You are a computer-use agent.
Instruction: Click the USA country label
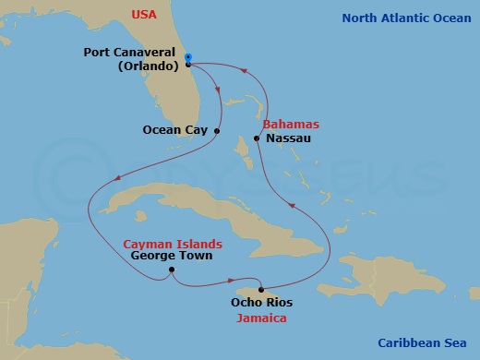click(144, 15)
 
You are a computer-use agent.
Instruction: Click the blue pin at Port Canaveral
click(187, 58)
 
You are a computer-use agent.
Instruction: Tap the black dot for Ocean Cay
click(217, 131)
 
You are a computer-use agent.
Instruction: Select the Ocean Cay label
click(175, 131)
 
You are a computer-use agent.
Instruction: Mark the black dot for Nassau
click(256, 138)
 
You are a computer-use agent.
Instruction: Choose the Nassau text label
click(286, 138)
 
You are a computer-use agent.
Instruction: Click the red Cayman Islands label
click(173, 244)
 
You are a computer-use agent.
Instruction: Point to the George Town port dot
click(172, 270)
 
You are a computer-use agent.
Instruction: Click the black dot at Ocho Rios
click(260, 287)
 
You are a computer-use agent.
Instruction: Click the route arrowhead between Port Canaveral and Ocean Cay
click(219, 90)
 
